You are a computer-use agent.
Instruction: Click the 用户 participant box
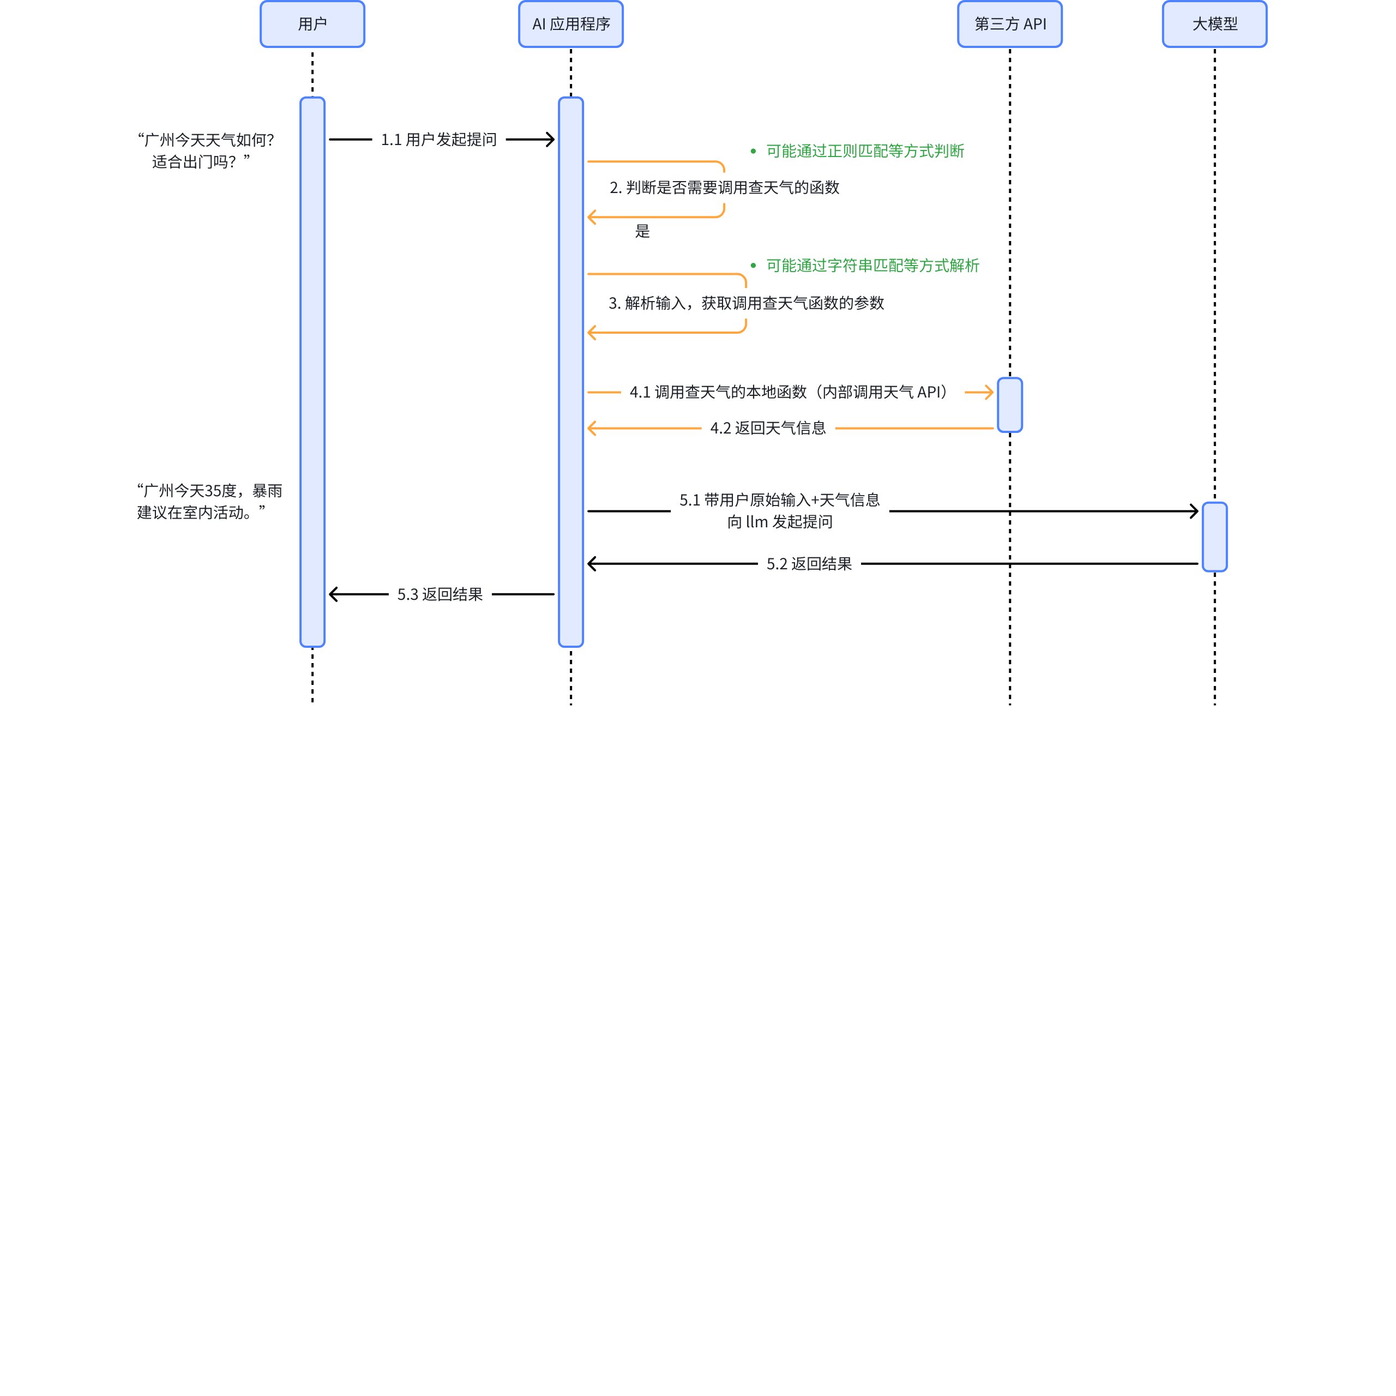(x=312, y=24)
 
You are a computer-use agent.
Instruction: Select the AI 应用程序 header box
(x=571, y=24)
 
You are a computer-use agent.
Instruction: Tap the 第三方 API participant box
(x=1009, y=24)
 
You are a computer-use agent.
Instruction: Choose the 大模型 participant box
(x=1214, y=24)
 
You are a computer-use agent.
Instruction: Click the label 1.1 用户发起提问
(x=438, y=140)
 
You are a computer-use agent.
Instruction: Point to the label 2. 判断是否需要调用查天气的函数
(x=724, y=188)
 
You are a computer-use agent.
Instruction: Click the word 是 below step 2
(x=642, y=231)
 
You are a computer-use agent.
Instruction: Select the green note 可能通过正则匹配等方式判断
(x=865, y=151)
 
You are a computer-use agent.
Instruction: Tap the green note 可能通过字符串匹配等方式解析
(x=872, y=266)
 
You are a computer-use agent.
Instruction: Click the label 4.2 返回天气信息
(x=767, y=429)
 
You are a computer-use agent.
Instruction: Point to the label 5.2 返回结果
(x=809, y=564)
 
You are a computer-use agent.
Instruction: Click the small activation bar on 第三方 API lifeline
(x=1009, y=405)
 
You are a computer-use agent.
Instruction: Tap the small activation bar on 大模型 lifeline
(x=1214, y=537)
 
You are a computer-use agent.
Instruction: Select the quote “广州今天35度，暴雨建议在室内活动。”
(x=209, y=502)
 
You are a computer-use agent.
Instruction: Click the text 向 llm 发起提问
(x=780, y=522)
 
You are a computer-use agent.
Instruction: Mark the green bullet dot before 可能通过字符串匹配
(x=753, y=266)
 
